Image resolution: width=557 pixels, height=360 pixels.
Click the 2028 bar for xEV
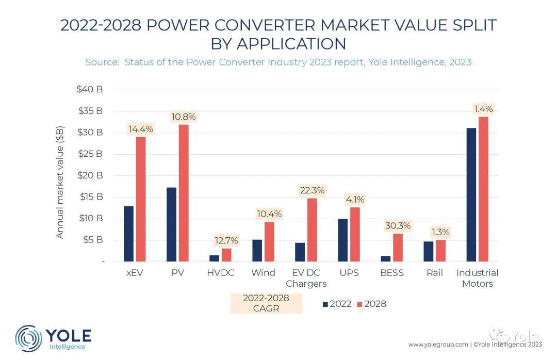coord(141,200)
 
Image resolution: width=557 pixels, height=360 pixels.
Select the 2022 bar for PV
coord(171,224)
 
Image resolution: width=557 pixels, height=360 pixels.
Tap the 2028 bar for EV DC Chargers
coord(312,230)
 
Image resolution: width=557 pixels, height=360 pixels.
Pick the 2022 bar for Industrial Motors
coord(471,195)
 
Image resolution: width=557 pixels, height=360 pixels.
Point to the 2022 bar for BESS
coord(386,259)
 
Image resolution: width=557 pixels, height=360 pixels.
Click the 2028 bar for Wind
coord(270,242)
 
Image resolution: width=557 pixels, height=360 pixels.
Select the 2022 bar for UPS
coord(343,240)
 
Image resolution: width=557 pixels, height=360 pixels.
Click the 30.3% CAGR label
coord(398,226)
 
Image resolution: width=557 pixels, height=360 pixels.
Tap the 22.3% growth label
coord(312,190)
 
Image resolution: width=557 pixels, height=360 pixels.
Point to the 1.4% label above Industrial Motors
coord(483,109)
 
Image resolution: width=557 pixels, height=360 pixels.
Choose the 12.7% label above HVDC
coord(226,240)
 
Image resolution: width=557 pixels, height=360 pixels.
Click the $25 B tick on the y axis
coord(90,154)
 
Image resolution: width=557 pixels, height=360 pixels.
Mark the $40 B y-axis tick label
coord(90,89)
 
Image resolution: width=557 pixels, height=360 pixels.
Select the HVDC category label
coord(221,273)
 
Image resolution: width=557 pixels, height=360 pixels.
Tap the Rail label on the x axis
coord(435,273)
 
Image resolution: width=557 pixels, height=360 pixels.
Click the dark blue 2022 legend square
coord(325,305)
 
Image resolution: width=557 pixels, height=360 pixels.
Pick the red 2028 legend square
coord(359,305)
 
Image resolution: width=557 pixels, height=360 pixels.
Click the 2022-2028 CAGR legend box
coord(266,303)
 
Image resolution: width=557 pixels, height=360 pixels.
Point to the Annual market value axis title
coord(60,182)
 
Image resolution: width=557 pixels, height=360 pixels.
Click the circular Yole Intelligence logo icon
coord(28,338)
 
